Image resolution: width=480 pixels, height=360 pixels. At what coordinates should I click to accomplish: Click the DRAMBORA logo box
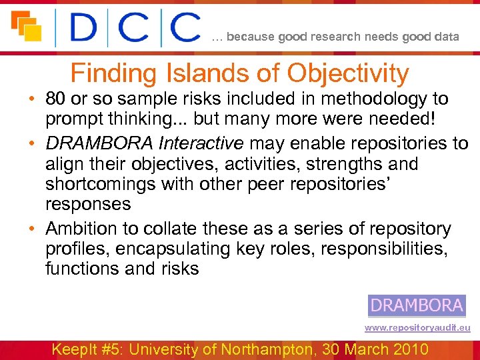tap(417, 305)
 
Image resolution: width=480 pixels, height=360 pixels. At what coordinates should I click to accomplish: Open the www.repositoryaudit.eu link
tap(417, 328)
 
